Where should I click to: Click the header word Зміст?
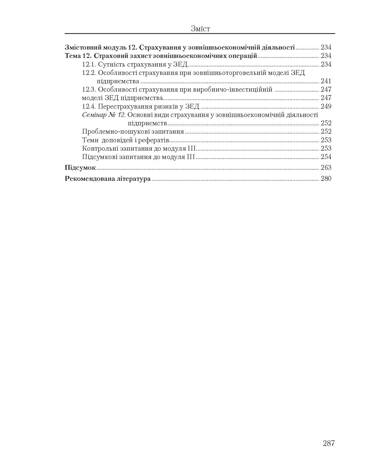200,29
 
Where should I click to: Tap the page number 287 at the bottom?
328,443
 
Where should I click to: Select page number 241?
326,81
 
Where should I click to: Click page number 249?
326,106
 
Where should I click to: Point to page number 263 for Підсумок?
326,168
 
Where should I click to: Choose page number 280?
326,179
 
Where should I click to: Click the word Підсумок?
80,168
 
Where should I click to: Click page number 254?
326,157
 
